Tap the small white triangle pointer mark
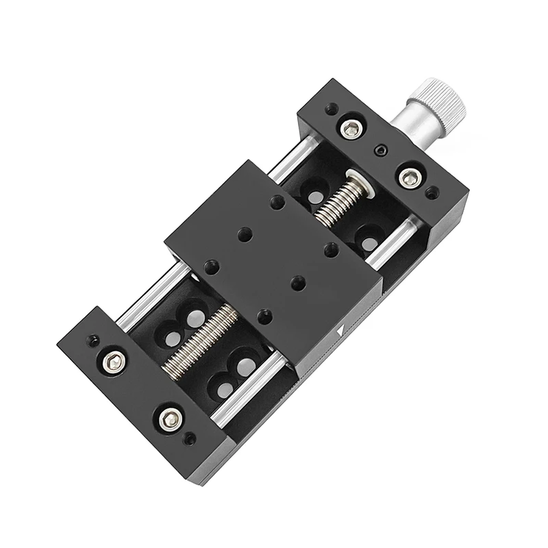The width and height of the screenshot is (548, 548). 340,331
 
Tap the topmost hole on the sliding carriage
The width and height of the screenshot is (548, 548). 276,203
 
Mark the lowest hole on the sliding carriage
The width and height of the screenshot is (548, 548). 264,316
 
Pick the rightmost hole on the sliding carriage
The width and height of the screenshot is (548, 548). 329,249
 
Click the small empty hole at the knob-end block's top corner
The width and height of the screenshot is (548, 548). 332,109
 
